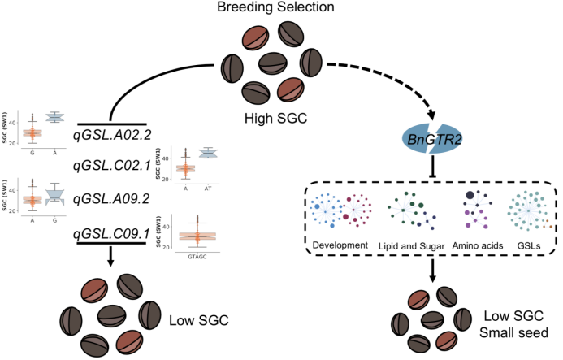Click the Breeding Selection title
(281, 8)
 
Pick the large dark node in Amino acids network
(470, 195)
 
